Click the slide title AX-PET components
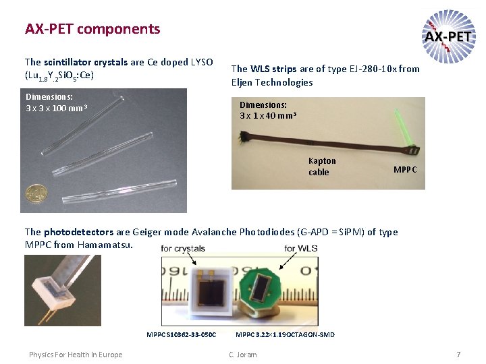pos(92,29)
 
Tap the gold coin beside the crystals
pos(35,193)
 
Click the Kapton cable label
pos(321,166)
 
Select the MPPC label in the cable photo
pos(405,169)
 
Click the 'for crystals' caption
pos(184,249)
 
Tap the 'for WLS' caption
pos(300,249)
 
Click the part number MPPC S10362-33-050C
pos(182,335)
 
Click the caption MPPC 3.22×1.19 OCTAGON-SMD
pos(284,335)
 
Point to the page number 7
pos(458,355)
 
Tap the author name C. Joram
pos(242,355)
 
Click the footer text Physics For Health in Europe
pos(76,355)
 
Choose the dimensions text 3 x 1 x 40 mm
pos(267,115)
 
